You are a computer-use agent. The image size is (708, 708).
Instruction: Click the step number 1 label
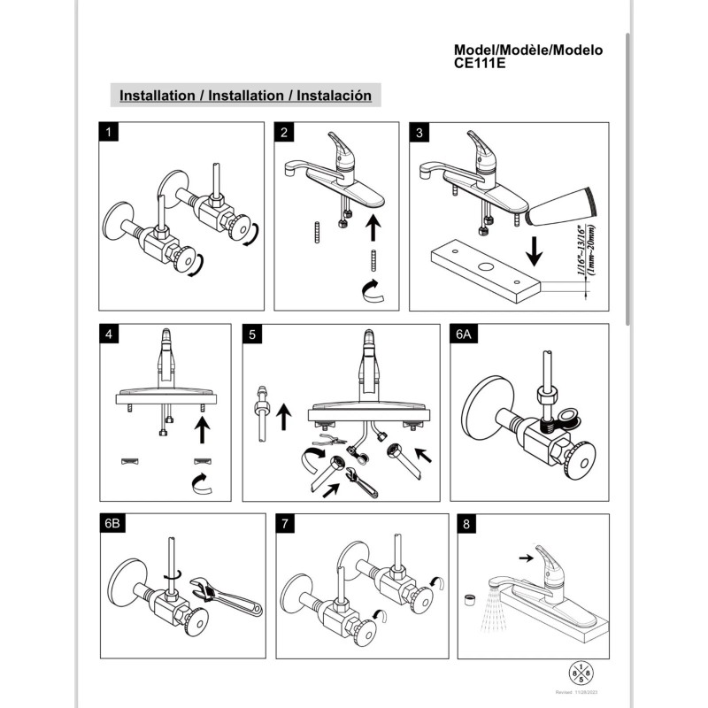pos(108,133)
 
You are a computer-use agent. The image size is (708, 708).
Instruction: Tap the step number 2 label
pos(284,133)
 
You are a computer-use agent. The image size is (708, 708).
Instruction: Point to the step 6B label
pos(112,524)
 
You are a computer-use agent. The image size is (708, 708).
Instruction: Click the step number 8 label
pos(466,524)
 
